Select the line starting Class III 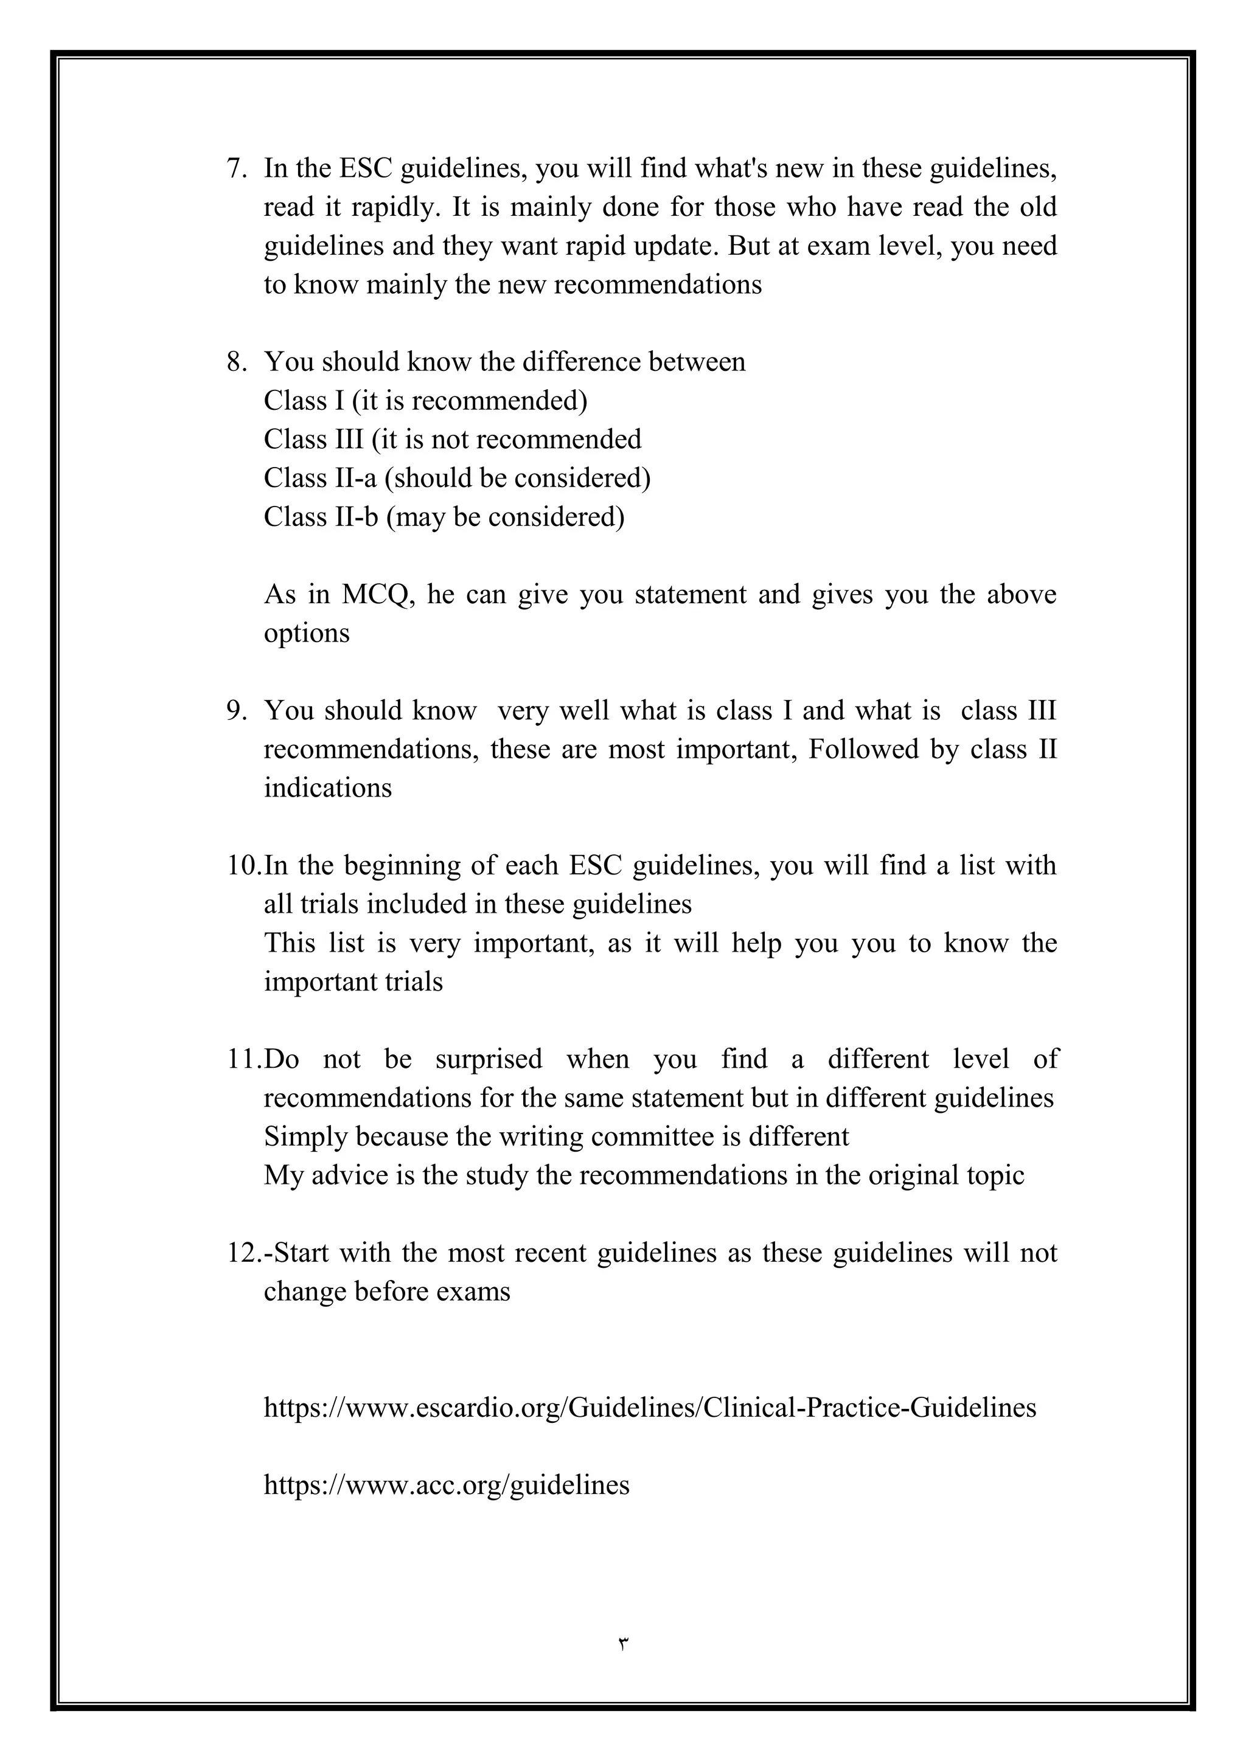point(452,440)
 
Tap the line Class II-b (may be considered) point(444,517)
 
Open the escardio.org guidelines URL point(649,1408)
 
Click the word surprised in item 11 point(488,1059)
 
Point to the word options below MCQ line point(306,634)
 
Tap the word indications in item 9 point(327,789)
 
